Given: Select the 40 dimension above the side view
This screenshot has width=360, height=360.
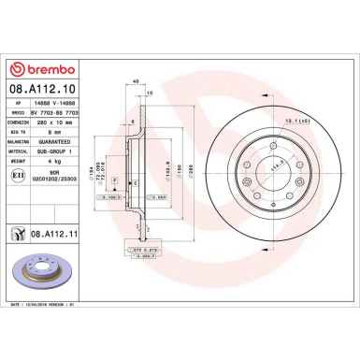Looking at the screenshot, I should [137, 82].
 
